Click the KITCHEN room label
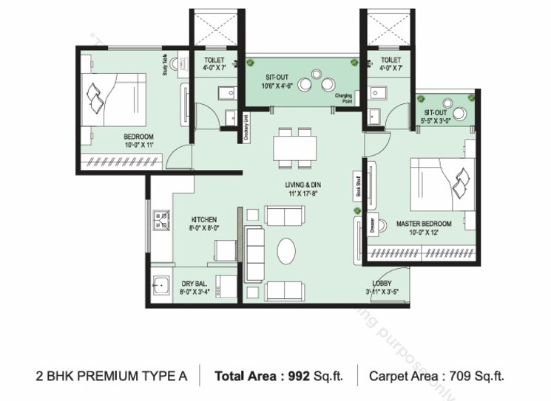point(203,219)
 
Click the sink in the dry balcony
point(160,284)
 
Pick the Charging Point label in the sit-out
point(343,97)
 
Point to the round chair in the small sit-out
point(459,113)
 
